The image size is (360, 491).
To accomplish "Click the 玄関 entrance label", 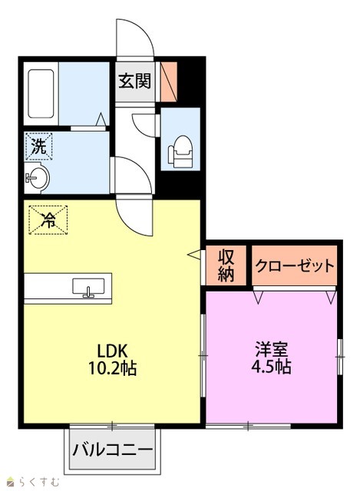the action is pyautogui.click(x=135, y=81).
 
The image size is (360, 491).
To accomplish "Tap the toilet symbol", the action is pyautogui.click(x=180, y=151).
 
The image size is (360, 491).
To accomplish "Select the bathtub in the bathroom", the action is pyautogui.click(x=41, y=94).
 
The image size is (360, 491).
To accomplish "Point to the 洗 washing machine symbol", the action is pyautogui.click(x=39, y=147).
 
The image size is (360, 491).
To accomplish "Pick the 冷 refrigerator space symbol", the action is pyautogui.click(x=48, y=220).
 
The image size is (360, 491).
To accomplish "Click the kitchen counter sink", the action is pyautogui.click(x=88, y=287).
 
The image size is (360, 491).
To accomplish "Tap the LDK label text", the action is pyautogui.click(x=113, y=351).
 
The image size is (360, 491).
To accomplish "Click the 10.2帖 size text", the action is pyautogui.click(x=113, y=368).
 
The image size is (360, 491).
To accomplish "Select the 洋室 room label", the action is pyautogui.click(x=272, y=350).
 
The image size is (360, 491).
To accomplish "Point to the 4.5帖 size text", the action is pyautogui.click(x=272, y=367).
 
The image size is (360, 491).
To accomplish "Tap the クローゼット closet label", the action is pyautogui.click(x=295, y=266).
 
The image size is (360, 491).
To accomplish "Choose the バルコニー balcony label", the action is pyautogui.click(x=113, y=450).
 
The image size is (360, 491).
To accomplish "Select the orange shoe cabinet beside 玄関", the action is pyautogui.click(x=169, y=82).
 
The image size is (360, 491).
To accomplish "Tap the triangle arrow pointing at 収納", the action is pyautogui.click(x=194, y=255).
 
